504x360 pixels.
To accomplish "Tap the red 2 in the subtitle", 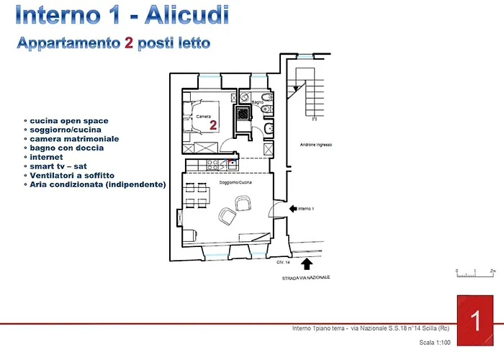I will click(x=128, y=43).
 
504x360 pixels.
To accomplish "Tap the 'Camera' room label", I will click(x=203, y=115).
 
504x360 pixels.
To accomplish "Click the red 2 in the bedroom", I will click(x=213, y=125).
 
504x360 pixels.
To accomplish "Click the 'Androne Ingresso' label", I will click(x=315, y=145).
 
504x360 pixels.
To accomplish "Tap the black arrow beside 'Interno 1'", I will click(x=293, y=208).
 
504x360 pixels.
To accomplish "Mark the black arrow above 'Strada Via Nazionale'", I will click(x=307, y=264).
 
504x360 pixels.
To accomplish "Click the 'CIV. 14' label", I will click(x=282, y=263).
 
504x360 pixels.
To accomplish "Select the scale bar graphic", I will click(x=475, y=272).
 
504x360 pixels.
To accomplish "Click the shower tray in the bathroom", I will click(x=244, y=112).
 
